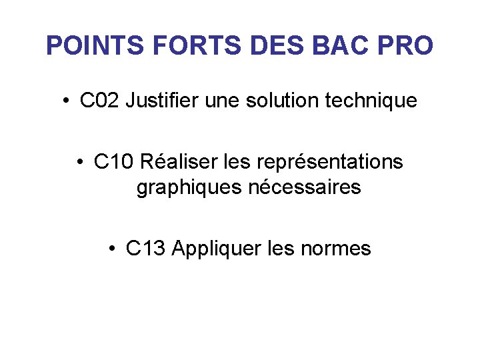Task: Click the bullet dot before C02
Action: point(67,102)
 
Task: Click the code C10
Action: point(114,162)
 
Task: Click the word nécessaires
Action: point(305,188)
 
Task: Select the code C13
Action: point(145,249)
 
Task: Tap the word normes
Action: point(336,249)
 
